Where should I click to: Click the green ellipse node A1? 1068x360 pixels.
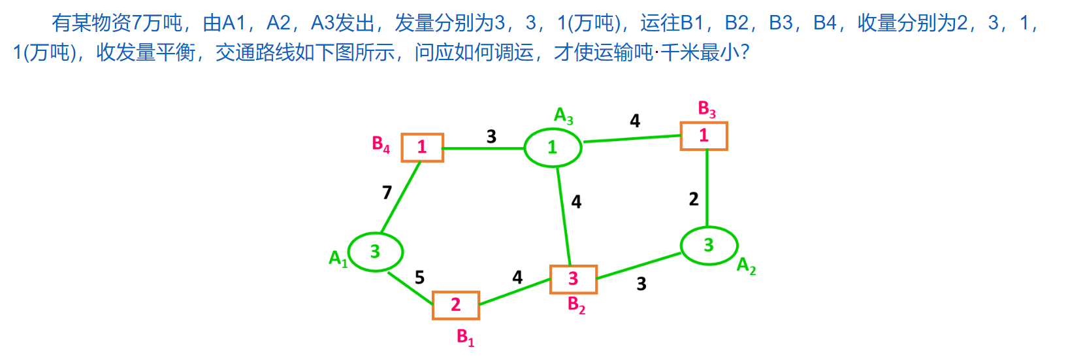[376, 252]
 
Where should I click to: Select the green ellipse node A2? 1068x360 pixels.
[709, 246]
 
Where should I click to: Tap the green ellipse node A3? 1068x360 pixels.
[553, 148]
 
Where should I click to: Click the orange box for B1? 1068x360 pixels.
[456, 305]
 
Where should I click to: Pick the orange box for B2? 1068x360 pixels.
[573, 279]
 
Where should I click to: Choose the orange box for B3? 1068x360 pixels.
[704, 136]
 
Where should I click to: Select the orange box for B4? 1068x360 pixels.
[422, 147]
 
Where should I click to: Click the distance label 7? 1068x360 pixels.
[387, 192]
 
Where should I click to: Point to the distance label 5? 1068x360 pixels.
[419, 278]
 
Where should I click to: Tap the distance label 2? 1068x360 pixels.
[694, 199]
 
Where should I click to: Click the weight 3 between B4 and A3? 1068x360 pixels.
[491, 137]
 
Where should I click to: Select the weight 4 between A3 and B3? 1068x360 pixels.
[635, 121]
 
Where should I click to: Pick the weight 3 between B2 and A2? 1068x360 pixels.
[641, 284]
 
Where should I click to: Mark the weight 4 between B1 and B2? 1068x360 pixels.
[517, 278]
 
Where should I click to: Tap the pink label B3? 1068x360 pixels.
[707, 109]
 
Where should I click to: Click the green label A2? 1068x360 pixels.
[746, 265]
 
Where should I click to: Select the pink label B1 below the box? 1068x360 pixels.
[465, 337]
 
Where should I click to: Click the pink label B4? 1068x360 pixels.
[381, 144]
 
